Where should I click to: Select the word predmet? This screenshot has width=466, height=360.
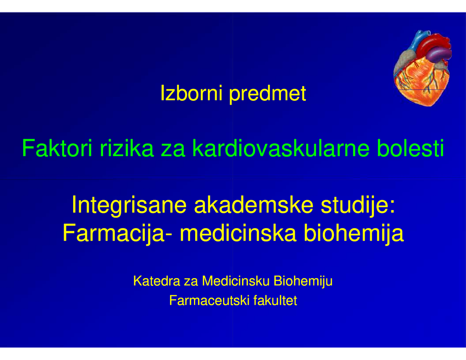click(268, 94)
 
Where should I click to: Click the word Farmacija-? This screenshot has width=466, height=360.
click(118, 233)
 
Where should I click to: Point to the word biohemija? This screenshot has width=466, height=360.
click(354, 233)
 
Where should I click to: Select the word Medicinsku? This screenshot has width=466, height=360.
click(236, 281)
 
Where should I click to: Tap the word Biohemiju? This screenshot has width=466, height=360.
click(303, 281)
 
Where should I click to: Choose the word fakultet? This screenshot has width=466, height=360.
click(275, 301)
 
